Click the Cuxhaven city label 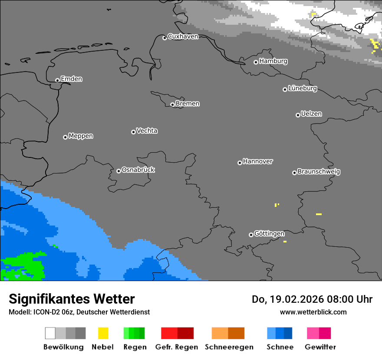183,36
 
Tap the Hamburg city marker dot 256,62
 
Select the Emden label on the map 71,79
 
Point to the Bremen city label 188,104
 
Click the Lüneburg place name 303,88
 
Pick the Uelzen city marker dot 298,115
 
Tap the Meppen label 81,136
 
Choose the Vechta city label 147,131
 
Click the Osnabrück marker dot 119,171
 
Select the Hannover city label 258,161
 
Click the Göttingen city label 269,234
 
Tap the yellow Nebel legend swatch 103,333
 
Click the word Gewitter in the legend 320,347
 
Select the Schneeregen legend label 228,347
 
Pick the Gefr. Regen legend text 177,347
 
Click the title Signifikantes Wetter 72,299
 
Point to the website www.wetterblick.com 313,312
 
